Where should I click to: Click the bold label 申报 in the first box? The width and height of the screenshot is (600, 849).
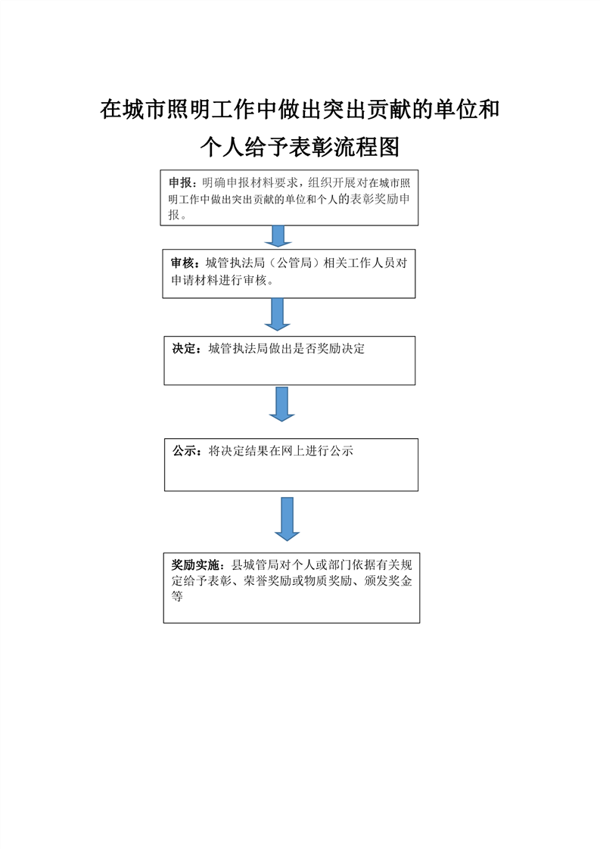[180, 183]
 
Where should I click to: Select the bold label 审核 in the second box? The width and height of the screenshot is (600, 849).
[182, 263]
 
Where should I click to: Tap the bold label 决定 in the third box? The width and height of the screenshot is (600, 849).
[184, 349]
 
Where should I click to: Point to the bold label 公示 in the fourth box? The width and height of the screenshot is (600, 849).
[184, 451]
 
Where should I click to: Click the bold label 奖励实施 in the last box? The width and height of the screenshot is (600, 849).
[195, 565]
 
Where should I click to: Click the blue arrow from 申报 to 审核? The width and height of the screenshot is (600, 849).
[278, 236]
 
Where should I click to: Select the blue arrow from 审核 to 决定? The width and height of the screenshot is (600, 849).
[277, 314]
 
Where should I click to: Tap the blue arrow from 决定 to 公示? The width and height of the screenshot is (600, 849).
[281, 404]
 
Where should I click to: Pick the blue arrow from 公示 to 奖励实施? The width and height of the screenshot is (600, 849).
[287, 519]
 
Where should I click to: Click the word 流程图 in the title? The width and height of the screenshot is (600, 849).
[367, 148]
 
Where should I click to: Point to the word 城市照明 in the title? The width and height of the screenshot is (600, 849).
[166, 110]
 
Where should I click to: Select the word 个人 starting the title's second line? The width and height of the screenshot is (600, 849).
[222, 148]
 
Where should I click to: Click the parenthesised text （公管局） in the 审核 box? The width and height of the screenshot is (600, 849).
[294, 263]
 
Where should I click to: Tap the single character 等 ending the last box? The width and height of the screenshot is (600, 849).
[177, 597]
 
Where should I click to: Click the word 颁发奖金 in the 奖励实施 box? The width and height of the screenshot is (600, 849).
[388, 581]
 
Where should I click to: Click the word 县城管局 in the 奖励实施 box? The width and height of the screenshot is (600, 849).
[255, 565]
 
